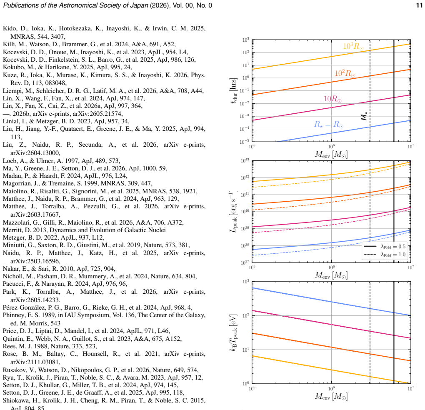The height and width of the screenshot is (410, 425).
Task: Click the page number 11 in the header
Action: [x=419, y=5]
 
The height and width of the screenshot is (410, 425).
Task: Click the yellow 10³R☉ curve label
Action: [x=353, y=46]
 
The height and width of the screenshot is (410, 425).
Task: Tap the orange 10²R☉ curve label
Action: [x=345, y=73]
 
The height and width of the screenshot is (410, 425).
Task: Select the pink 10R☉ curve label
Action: [x=332, y=99]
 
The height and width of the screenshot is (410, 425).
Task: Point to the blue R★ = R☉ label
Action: [x=329, y=125]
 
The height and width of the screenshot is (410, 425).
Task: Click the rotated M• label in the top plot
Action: [x=364, y=116]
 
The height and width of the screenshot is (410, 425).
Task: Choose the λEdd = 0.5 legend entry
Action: [x=384, y=247]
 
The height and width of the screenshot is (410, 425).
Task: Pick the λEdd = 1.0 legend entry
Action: [x=384, y=255]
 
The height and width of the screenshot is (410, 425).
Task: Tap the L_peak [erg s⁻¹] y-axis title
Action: [x=233, y=212]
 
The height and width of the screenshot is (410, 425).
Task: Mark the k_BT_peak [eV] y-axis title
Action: [x=233, y=333]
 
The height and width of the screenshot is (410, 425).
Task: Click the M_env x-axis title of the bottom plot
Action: [x=331, y=396]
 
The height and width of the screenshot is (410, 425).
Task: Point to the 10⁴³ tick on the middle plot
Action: [x=245, y=161]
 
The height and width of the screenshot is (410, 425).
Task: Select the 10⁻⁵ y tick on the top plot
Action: [x=245, y=141]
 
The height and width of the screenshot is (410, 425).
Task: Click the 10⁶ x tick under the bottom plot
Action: [x=331, y=388]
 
